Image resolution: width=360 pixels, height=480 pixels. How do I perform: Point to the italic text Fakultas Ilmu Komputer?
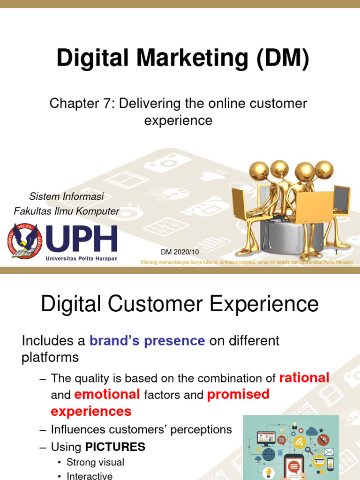pyautogui.click(x=67, y=211)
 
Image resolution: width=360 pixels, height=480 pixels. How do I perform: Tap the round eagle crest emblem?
pyautogui.click(x=24, y=240)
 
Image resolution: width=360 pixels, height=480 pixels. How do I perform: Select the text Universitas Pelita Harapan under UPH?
pyautogui.click(x=81, y=258)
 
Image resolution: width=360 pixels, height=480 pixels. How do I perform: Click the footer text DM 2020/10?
pyautogui.click(x=180, y=252)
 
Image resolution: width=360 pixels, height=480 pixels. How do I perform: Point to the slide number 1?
pyautogui.click(x=336, y=252)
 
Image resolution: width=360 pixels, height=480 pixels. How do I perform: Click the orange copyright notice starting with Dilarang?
pyautogui.click(x=247, y=262)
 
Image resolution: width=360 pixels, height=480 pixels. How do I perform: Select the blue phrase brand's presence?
pyautogui.click(x=147, y=341)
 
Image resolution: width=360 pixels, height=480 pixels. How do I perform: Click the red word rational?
pyautogui.click(x=304, y=377)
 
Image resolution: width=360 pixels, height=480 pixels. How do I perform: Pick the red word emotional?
pyautogui.click(x=107, y=395)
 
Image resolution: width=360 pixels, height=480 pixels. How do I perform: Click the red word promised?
pyautogui.click(x=239, y=395)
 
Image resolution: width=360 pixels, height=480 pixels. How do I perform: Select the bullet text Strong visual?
pyautogui.click(x=95, y=462)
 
